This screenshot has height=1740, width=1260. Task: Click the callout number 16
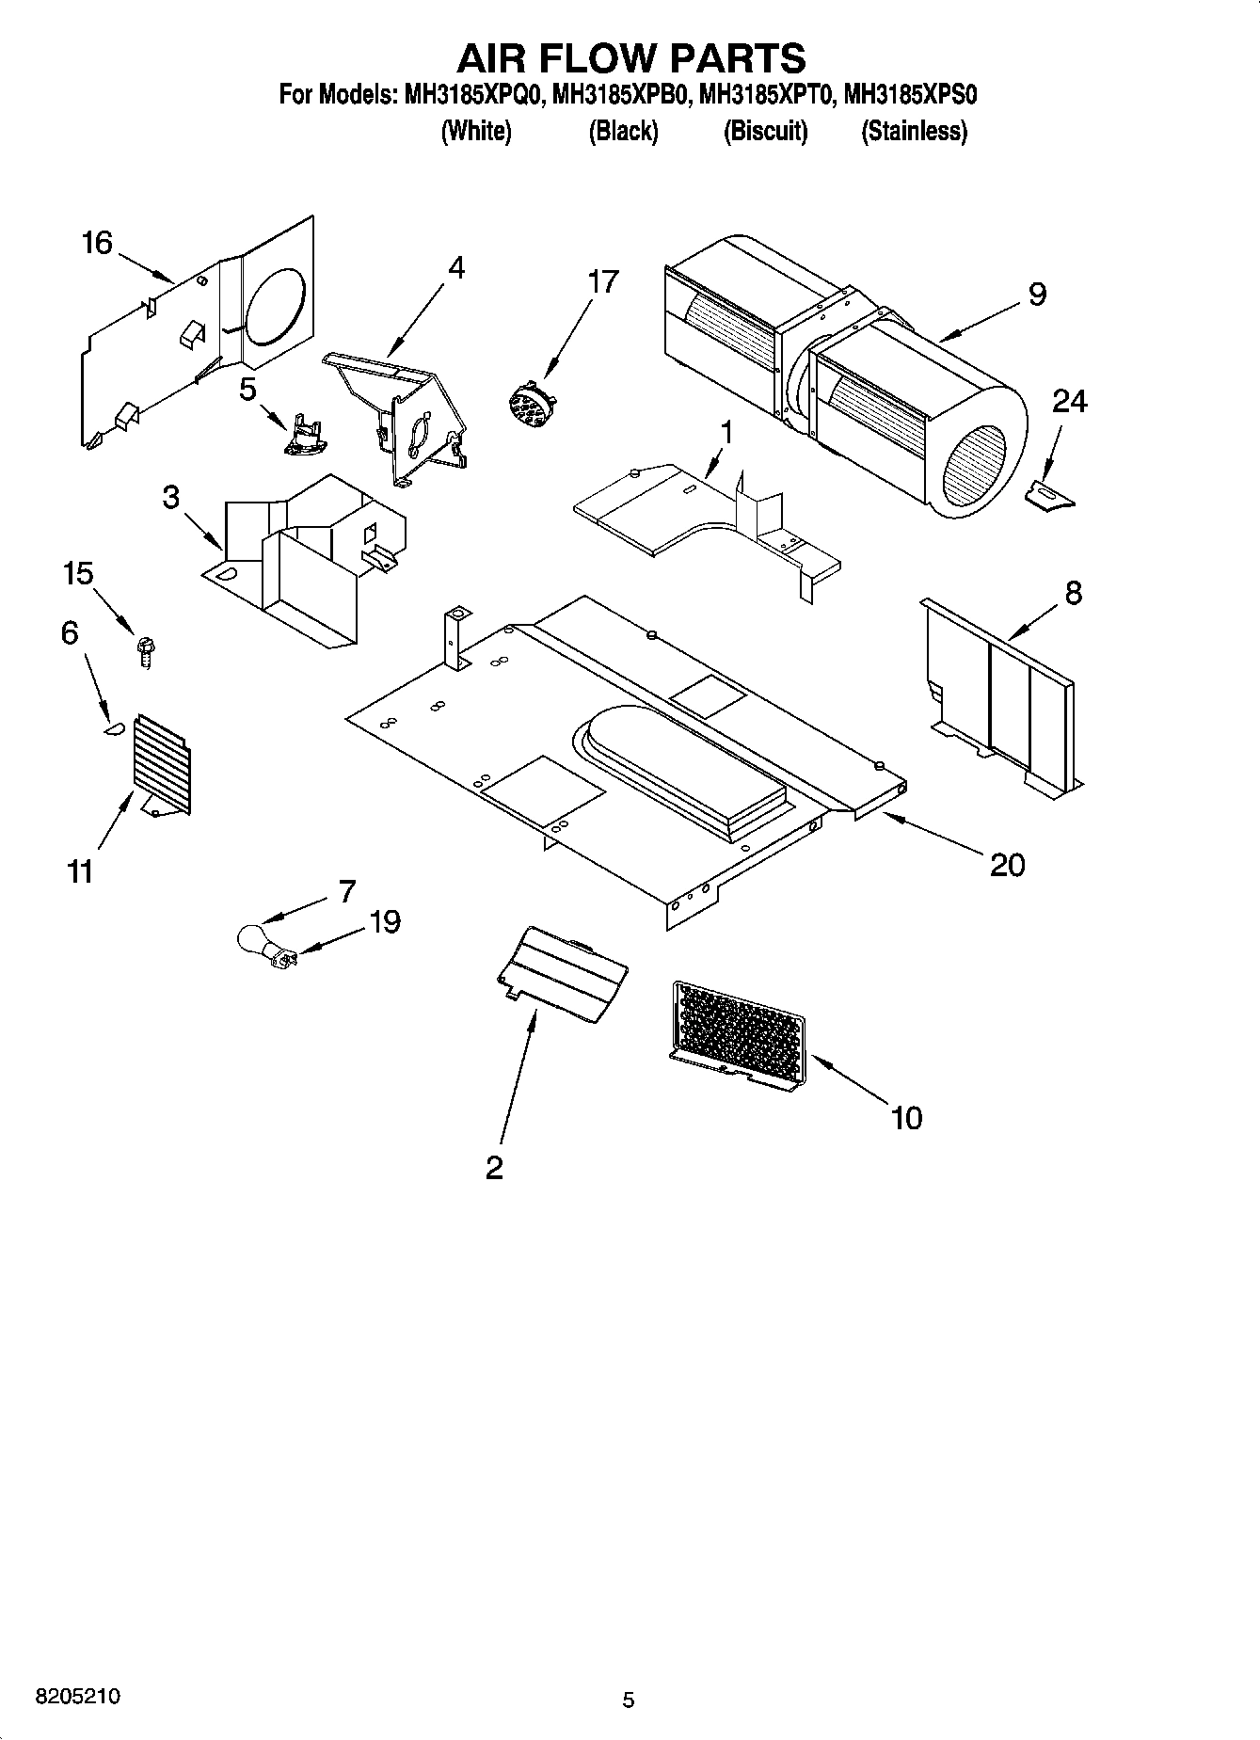click(97, 243)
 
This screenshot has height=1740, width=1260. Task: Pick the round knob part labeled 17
click(527, 402)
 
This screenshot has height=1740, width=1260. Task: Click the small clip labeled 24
click(1048, 495)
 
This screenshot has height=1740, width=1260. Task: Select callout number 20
click(1007, 864)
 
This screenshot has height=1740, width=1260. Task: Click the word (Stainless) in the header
click(914, 132)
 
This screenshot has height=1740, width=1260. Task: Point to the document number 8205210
click(77, 1696)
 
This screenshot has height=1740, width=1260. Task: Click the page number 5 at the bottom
click(629, 1700)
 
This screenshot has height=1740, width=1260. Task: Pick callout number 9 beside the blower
click(1036, 295)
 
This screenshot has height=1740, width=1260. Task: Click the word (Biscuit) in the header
click(765, 132)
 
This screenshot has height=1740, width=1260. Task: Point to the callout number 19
click(384, 921)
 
